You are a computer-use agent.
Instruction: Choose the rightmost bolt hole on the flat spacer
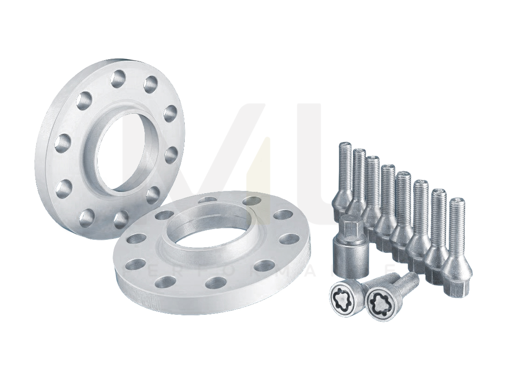coord(290,239)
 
